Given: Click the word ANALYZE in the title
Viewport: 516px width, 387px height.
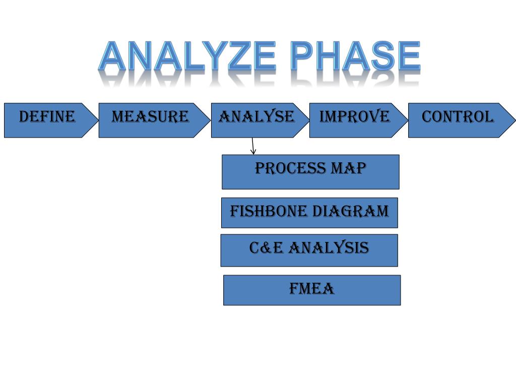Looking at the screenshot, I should (187, 56).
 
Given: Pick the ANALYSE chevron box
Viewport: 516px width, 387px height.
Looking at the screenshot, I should (256, 120).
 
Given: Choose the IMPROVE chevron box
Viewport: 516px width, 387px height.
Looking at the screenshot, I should (354, 120).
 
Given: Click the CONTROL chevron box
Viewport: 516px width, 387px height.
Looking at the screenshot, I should (457, 120).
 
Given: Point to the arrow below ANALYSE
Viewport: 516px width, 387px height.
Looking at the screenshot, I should (252, 146).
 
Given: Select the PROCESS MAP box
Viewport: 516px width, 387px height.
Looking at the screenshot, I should (310, 172).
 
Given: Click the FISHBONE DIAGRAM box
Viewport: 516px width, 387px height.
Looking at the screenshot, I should (309, 213).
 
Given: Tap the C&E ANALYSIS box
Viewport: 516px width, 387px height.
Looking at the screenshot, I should (309, 250).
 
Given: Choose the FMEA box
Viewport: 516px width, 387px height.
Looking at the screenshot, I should (312, 290).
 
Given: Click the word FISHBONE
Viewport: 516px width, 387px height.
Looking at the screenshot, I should (269, 211).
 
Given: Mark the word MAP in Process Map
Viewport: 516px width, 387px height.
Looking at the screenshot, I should (348, 168).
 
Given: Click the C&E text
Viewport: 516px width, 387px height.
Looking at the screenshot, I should (266, 248).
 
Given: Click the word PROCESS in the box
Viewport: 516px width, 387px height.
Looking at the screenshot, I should (291, 168).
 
